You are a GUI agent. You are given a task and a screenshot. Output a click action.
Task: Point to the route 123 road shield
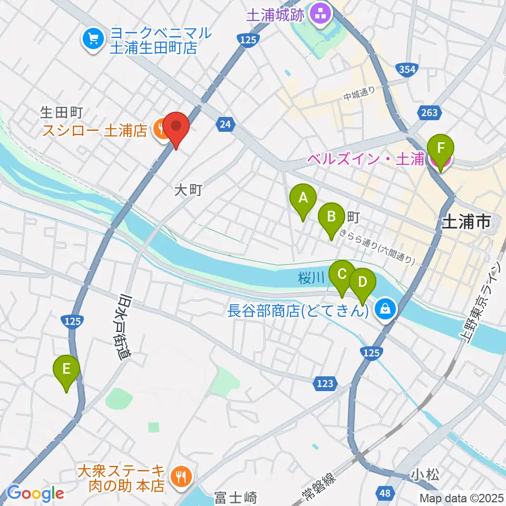325,384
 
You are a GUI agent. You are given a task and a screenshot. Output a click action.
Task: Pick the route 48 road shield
385,493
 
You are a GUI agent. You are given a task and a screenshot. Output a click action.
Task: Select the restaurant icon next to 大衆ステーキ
181,476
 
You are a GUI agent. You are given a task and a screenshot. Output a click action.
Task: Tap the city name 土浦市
465,222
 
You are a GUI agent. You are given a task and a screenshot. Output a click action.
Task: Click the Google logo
36,493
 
